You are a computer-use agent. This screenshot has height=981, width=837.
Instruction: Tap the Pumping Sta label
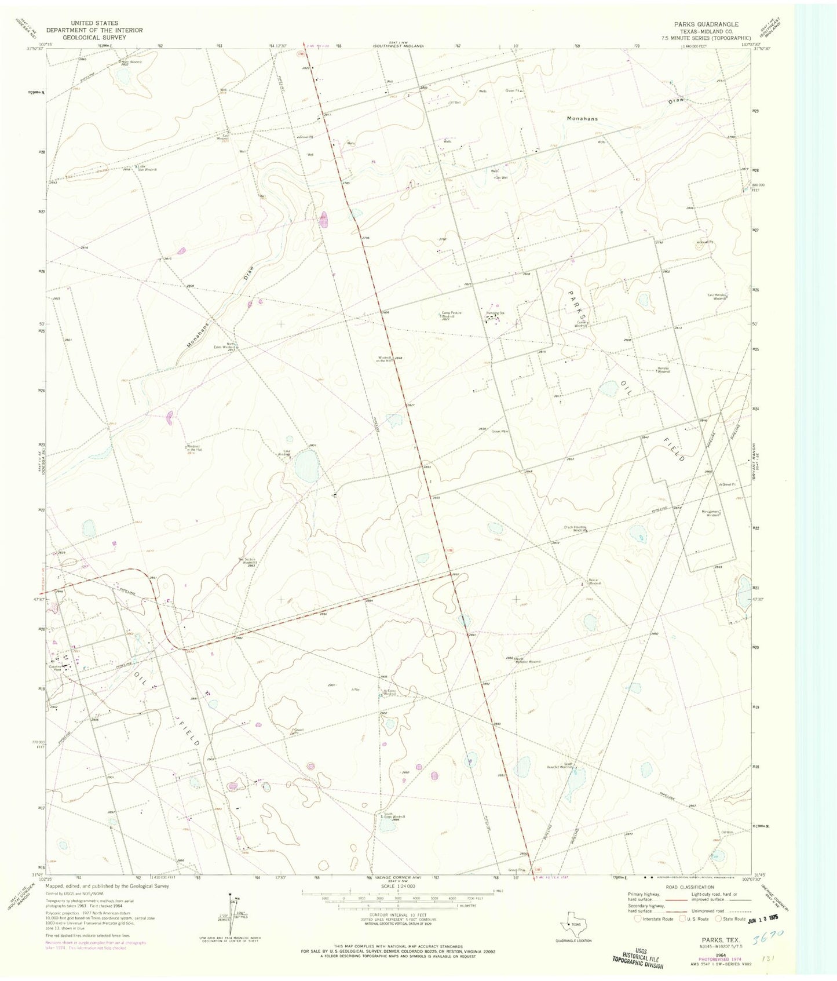[x=495, y=313]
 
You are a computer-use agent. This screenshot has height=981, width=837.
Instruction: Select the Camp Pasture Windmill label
[x=452, y=315]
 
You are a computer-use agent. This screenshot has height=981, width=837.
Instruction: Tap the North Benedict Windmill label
[x=527, y=660]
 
